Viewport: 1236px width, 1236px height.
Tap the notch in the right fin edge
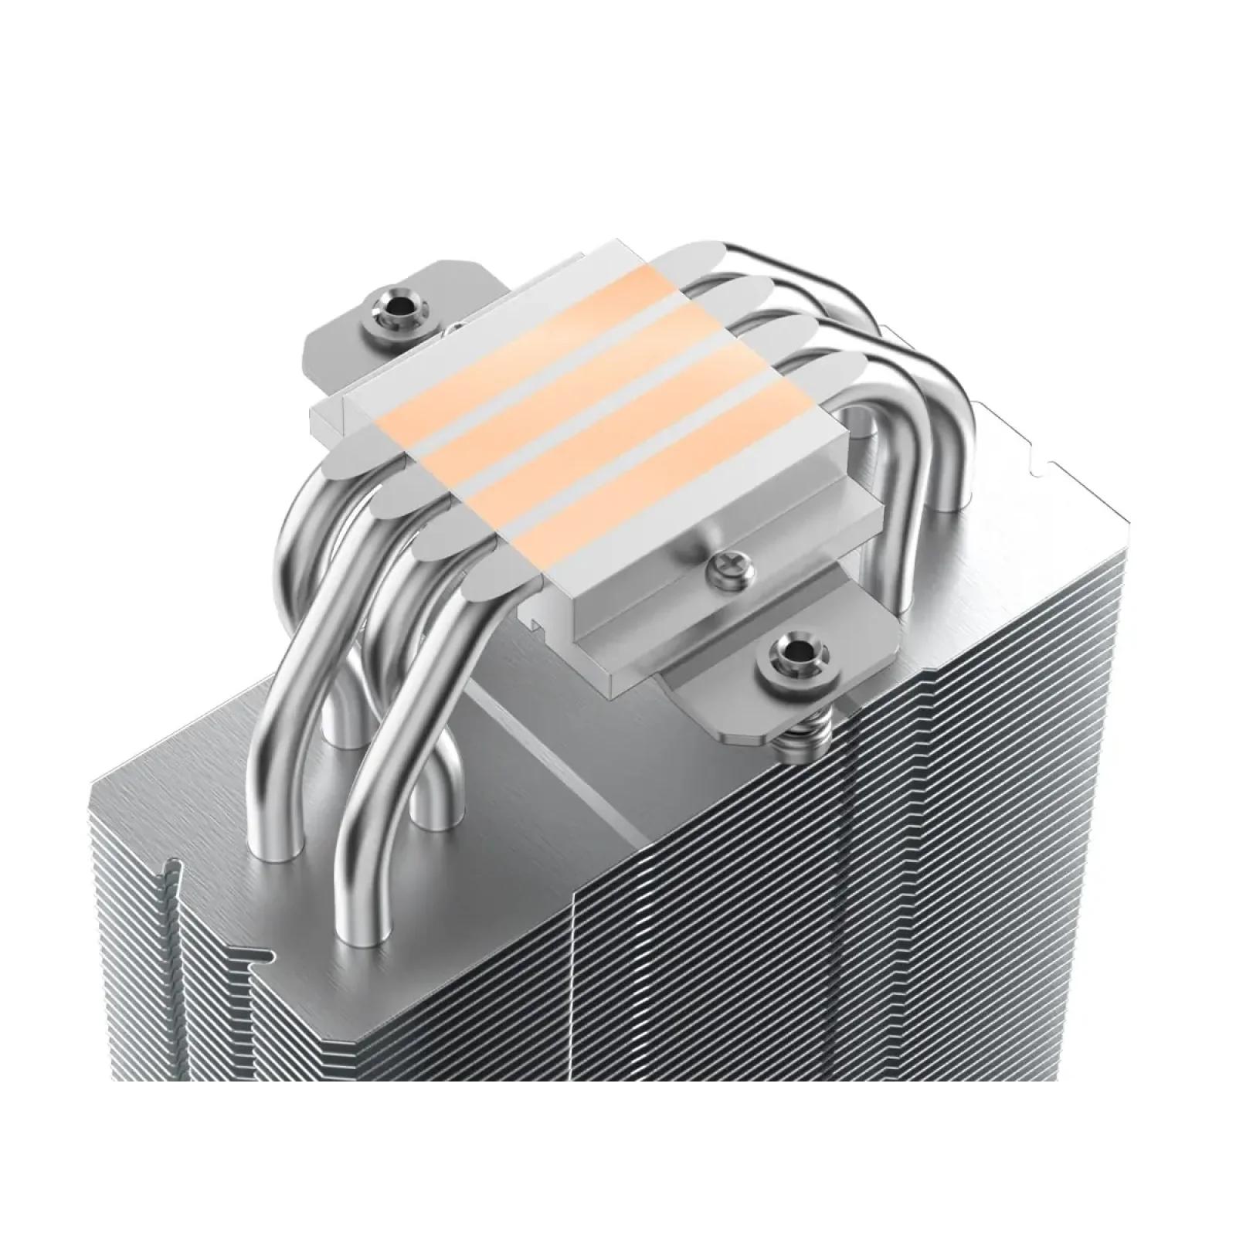pos(1043,463)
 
